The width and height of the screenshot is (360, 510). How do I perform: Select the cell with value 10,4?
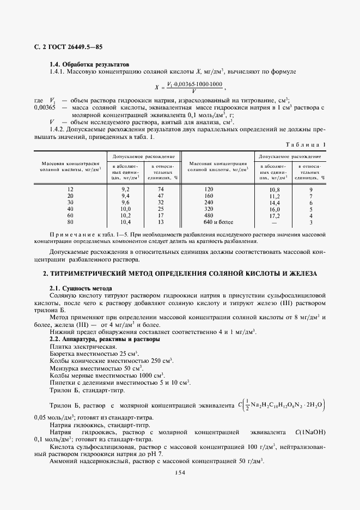pyautogui.click(x=124, y=222)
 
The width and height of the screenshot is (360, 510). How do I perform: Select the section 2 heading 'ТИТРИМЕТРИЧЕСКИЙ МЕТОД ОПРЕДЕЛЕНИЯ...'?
pyautogui.click(x=180, y=272)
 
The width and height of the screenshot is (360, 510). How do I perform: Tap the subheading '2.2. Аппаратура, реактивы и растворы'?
pyautogui.click(x=105, y=339)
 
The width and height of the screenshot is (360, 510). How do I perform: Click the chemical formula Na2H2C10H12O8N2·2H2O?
pyautogui.click(x=286, y=405)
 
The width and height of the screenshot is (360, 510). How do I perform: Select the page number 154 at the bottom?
pyautogui.click(x=180, y=472)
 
